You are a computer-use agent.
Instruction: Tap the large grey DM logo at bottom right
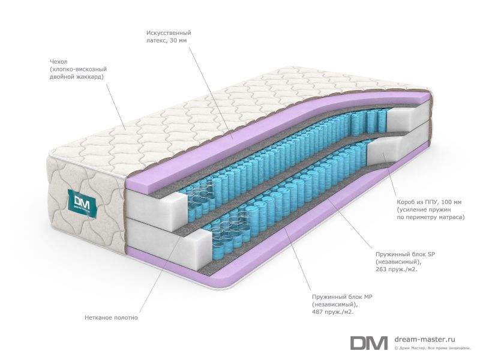click(369, 343)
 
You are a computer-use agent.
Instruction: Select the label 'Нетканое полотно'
click(111, 317)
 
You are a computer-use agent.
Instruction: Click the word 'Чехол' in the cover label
click(58, 62)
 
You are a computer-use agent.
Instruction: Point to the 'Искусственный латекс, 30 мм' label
click(169, 37)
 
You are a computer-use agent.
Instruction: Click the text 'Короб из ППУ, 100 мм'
click(429, 202)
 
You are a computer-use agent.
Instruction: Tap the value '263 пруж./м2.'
click(397, 269)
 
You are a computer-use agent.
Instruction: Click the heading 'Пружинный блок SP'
click(406, 254)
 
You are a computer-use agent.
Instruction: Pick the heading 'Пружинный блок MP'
click(342, 296)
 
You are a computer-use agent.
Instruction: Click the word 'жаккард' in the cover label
click(91, 77)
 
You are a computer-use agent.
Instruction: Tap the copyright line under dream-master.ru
click(432, 348)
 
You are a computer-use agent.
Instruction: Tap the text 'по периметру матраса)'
click(431, 217)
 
